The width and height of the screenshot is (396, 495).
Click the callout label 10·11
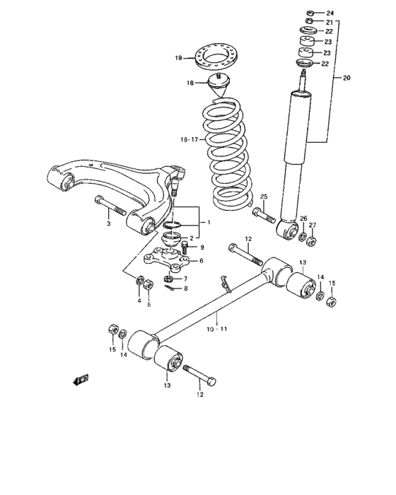(x=216, y=329)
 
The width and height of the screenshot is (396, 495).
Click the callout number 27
(x=314, y=226)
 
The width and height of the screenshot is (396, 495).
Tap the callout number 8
(x=185, y=289)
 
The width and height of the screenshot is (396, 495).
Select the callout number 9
(x=202, y=248)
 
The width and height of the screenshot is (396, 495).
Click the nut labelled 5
(x=148, y=285)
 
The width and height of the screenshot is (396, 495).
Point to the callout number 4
(x=139, y=301)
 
